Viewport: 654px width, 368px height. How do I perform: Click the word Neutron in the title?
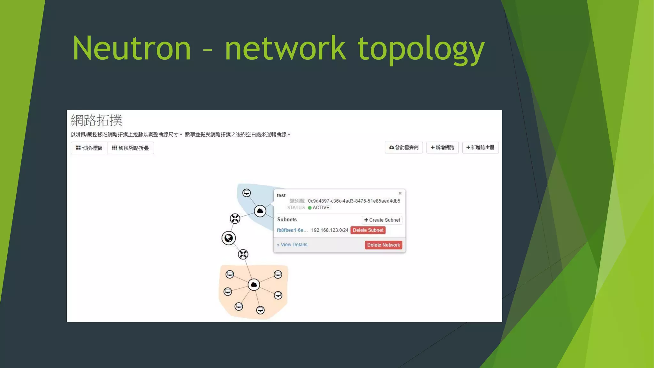132,49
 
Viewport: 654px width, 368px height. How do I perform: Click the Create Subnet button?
382,220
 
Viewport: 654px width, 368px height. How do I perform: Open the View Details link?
292,245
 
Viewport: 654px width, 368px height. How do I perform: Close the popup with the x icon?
400,193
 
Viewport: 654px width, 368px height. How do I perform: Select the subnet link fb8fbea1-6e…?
292,230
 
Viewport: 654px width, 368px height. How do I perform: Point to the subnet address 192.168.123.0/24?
330,230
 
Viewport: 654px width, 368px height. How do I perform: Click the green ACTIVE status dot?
310,208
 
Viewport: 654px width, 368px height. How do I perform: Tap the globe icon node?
229,238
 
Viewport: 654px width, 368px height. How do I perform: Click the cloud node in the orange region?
254,285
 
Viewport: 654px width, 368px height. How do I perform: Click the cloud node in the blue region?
260,211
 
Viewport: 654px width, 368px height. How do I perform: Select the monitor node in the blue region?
247,193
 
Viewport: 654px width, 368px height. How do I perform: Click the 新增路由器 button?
480,148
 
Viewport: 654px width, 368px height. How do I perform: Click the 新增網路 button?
442,148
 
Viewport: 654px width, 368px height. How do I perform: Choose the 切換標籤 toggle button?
89,148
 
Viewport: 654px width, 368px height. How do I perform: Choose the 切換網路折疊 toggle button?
130,148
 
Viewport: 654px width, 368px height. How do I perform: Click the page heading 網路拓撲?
96,120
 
